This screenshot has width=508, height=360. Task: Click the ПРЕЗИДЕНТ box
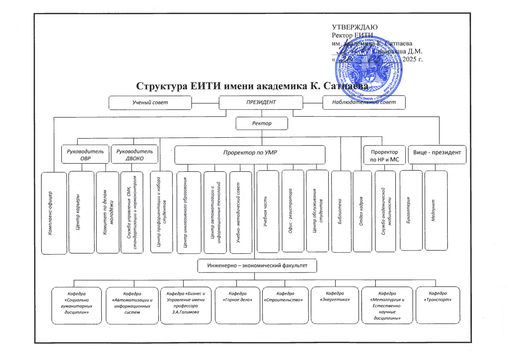261,102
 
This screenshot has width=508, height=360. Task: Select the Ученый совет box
150,103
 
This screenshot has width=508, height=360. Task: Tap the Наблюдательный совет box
364,102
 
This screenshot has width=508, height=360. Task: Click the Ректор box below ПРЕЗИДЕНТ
262,123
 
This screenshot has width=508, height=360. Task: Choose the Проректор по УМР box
250,154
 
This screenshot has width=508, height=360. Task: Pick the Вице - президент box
437,154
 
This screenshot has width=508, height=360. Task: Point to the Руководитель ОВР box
85,155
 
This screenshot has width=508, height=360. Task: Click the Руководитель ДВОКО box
134,155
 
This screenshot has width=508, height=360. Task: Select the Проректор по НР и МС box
384,155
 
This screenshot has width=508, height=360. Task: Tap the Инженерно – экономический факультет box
257,266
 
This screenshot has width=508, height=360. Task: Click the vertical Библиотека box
341,211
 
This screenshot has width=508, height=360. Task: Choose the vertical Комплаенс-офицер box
54,213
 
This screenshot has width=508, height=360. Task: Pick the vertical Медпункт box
436,210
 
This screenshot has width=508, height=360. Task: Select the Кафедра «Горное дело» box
237,305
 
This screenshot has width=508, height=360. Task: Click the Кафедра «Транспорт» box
437,305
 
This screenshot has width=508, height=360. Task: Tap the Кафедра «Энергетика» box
335,305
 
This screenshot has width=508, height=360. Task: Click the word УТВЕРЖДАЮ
355,27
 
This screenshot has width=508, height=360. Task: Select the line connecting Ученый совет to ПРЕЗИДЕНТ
205,103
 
